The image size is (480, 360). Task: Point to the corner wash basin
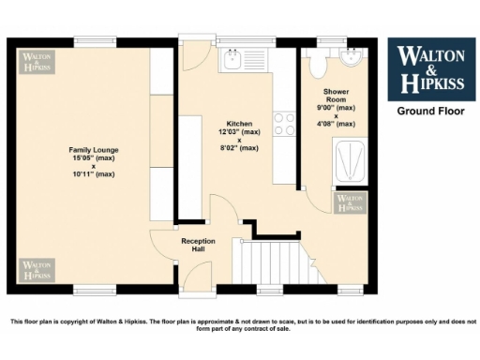[352, 59]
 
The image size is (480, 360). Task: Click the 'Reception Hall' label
[198, 246]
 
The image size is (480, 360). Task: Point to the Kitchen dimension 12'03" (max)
[239, 132]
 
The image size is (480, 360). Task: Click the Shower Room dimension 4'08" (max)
[337, 124]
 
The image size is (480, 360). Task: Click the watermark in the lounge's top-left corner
[38, 61]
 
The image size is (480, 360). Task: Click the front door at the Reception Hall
[197, 276]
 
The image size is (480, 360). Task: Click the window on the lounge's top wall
[97, 41]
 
